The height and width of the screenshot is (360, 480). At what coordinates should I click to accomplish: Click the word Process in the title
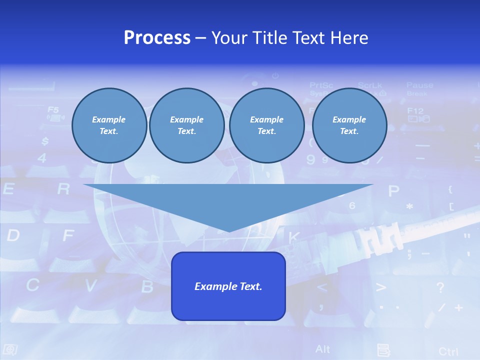(x=157, y=38)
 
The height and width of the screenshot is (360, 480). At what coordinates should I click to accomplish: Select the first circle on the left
(x=109, y=125)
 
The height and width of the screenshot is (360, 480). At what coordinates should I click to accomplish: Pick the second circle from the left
(x=186, y=125)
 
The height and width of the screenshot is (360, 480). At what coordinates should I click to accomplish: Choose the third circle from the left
(x=266, y=125)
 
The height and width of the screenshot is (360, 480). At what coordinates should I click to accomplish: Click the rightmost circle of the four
(x=349, y=125)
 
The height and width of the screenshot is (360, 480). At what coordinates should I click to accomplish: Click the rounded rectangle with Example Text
(x=228, y=286)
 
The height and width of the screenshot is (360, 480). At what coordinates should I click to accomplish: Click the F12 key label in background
(x=415, y=111)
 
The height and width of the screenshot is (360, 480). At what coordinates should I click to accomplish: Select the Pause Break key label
(x=419, y=88)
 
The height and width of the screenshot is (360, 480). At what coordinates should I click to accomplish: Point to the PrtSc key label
(x=321, y=86)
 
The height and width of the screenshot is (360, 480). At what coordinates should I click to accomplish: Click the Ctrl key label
(x=448, y=351)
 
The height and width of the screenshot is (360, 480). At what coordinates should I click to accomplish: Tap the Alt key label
(x=322, y=348)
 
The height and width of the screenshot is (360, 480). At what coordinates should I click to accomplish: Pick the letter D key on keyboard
(x=13, y=235)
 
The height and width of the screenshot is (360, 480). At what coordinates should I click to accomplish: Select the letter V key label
(x=90, y=285)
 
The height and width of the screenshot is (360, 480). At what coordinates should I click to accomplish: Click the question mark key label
(x=440, y=287)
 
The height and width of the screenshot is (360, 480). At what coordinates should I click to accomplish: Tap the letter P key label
(x=394, y=190)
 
